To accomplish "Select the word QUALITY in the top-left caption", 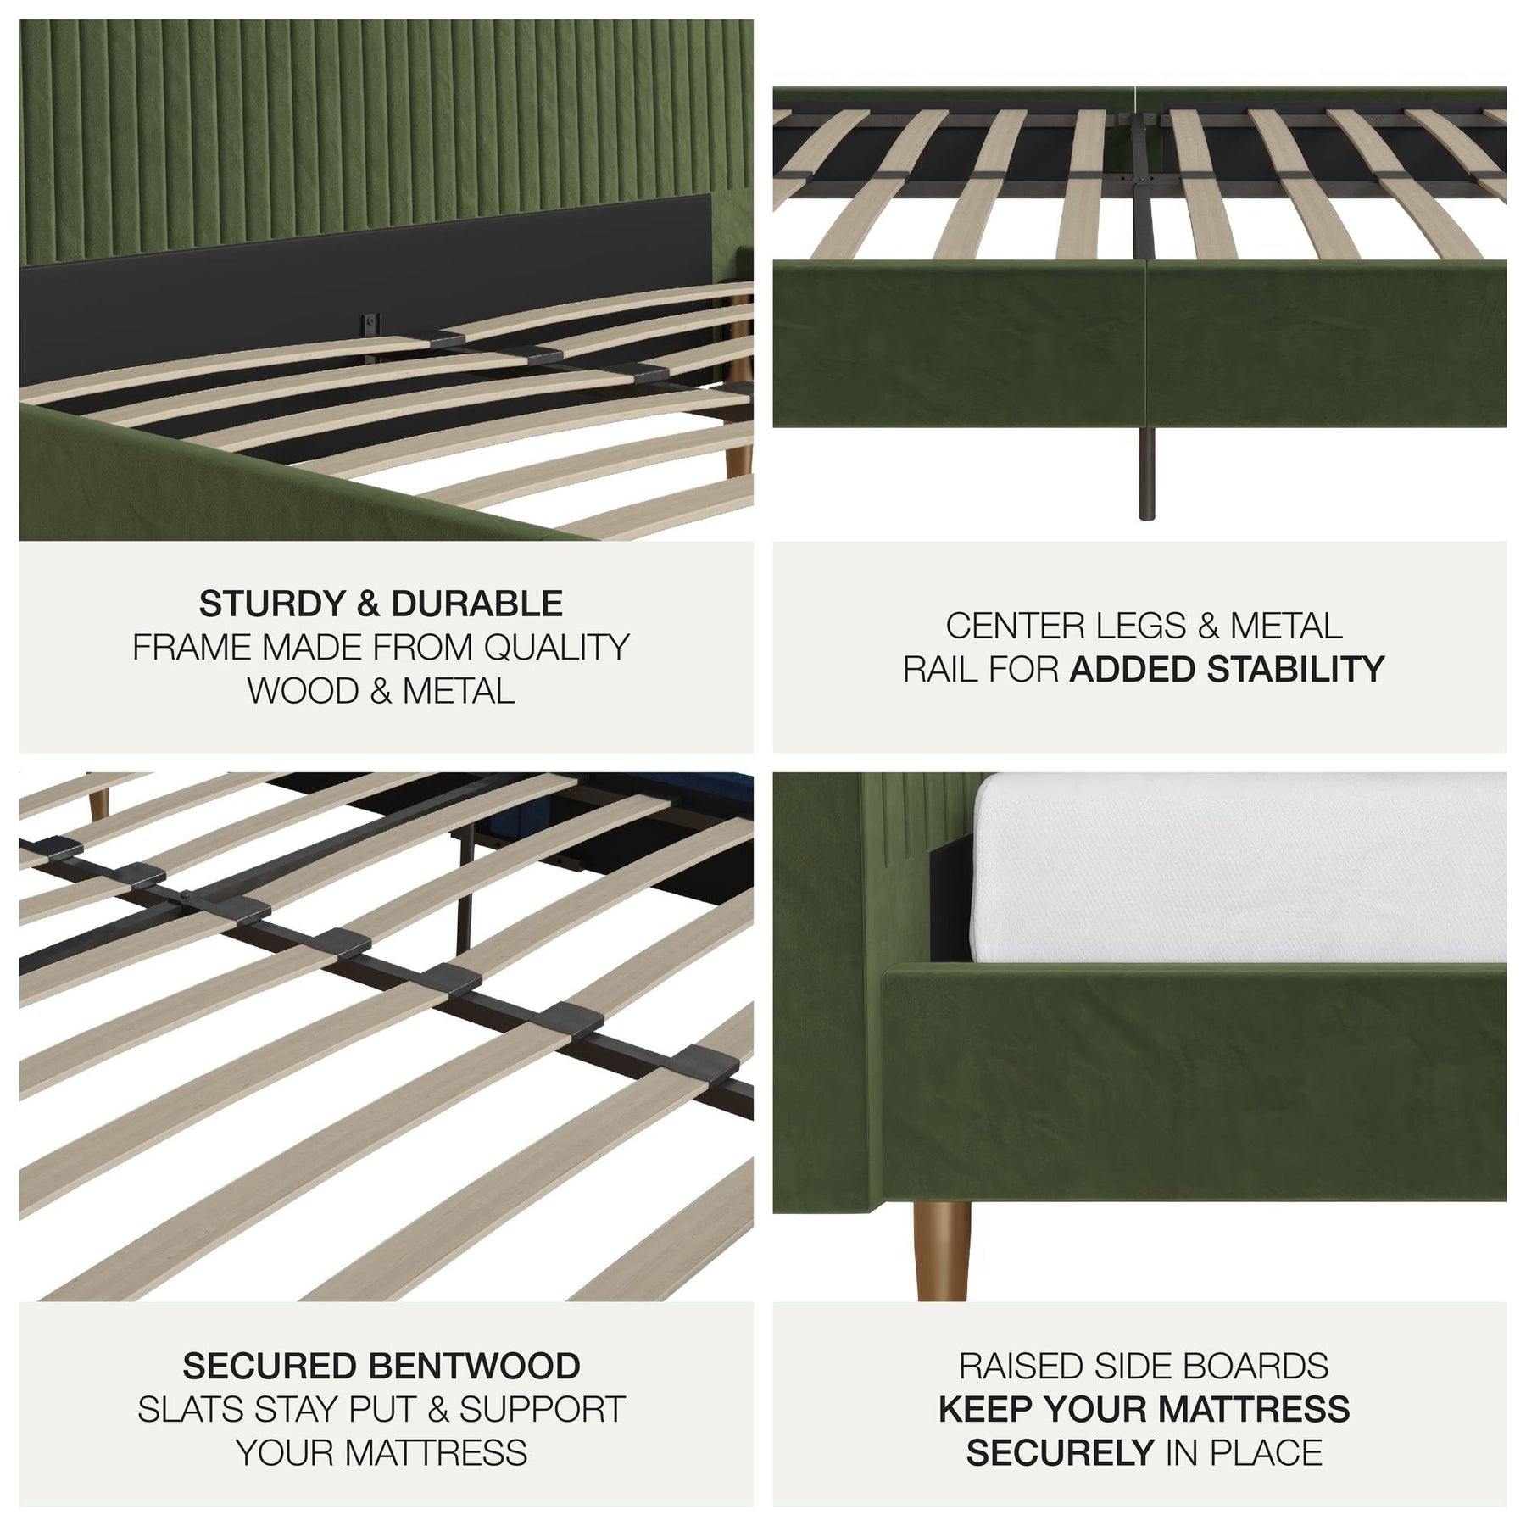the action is [556, 648].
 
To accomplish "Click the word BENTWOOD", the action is [475, 1367].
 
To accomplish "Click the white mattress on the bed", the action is [1238, 869].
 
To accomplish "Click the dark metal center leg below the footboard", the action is [1147, 473].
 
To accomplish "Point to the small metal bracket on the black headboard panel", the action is [370, 325].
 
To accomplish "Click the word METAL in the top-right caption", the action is [1285, 627].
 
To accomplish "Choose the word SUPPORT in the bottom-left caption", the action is [543, 1410].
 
